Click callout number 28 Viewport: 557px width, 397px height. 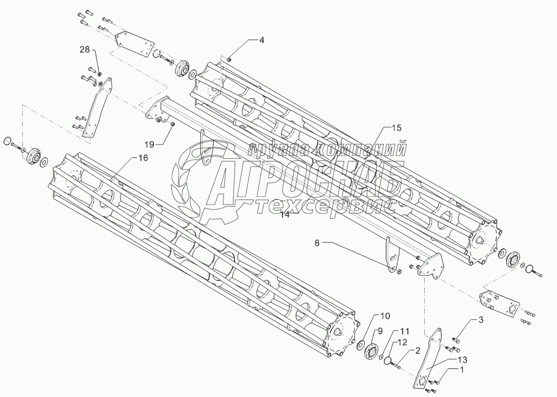[x=84, y=50]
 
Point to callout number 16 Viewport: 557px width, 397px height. [x=143, y=158]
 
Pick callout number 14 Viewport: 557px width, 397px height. [x=285, y=215]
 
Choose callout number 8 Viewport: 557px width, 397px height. [x=317, y=243]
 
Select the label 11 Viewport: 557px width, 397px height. [x=404, y=331]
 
